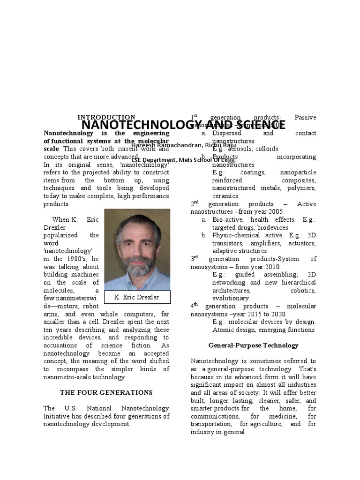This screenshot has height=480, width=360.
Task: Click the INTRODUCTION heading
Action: coord(106,117)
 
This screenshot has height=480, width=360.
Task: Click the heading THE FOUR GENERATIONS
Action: coord(106,392)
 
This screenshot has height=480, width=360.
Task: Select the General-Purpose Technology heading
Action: coord(253,345)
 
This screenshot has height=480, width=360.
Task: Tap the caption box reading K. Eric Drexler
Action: coord(136,297)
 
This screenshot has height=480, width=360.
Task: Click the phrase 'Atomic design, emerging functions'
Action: coord(263,330)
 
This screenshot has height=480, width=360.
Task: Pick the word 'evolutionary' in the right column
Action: coord(230,298)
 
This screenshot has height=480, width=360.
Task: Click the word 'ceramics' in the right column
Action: coord(225,196)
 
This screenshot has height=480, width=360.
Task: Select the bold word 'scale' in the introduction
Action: coord(51,149)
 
